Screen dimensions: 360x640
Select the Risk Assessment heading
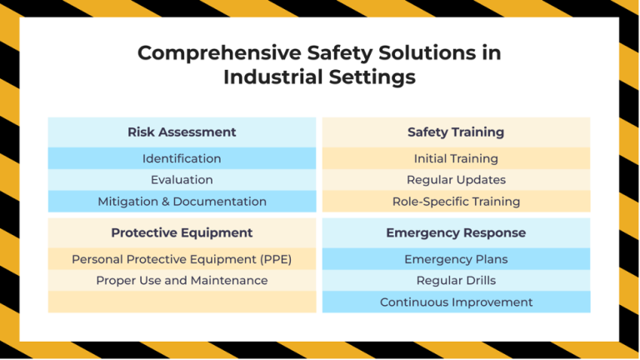coord(182,132)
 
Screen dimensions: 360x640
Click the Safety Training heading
coord(456,132)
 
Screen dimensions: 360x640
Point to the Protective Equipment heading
coord(182,232)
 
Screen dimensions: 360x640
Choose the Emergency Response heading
coord(456,232)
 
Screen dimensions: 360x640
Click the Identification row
coord(182,158)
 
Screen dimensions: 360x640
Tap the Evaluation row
coord(182,179)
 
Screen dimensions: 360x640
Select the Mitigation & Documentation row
coord(182,201)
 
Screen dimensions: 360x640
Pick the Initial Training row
coord(456,158)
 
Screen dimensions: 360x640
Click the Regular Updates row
coord(456,179)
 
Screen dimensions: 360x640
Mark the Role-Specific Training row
coord(456,201)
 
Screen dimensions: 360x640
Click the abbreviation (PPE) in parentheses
coord(273,259)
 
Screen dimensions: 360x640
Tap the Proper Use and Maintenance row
coord(182,280)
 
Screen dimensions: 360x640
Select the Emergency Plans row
coord(456,259)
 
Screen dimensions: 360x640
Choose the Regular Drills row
coord(456,280)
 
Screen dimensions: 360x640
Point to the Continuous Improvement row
coord(456,302)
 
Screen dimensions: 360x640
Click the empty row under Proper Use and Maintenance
coord(182,302)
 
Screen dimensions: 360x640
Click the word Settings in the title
coord(371,77)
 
